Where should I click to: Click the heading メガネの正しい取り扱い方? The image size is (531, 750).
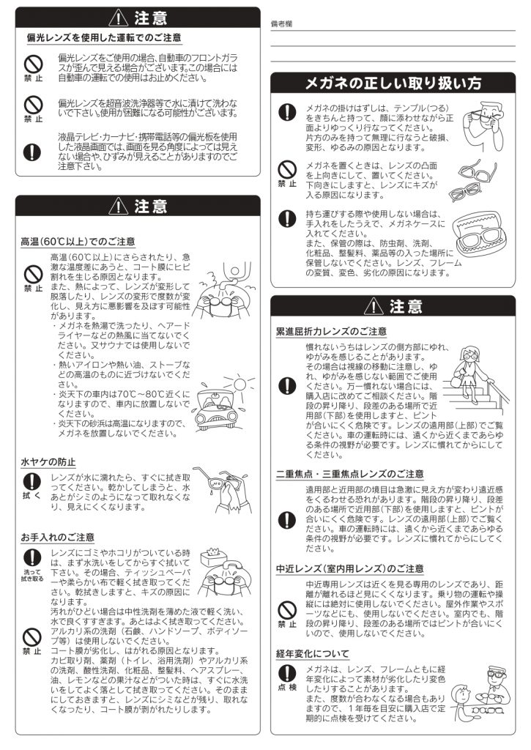[x=393, y=83]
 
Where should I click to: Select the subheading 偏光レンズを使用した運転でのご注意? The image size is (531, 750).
[x=104, y=38]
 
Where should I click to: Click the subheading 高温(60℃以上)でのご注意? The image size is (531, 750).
[x=78, y=242]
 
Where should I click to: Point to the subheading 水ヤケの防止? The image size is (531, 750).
[x=48, y=462]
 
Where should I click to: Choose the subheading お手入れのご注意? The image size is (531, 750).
[x=57, y=537]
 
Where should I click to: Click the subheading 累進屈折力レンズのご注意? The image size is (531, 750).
[x=331, y=332]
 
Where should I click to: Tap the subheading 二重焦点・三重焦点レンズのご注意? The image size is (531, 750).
[x=349, y=474]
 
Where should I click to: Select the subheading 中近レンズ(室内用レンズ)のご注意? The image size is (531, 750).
[x=349, y=568]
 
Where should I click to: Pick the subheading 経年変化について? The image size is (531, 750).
[x=313, y=654]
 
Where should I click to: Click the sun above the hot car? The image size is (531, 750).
[x=239, y=385]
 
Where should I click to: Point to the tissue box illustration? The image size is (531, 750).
[x=213, y=556]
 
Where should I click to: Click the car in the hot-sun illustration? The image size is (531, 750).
[x=216, y=407]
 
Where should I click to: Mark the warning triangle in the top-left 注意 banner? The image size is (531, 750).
[x=118, y=18]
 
